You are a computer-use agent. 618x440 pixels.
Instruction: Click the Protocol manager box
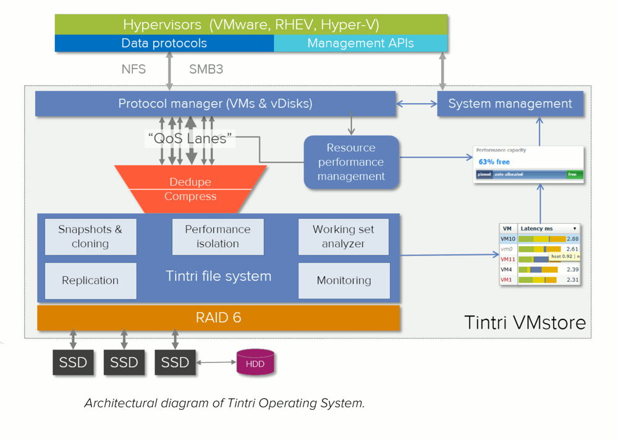coord(215,104)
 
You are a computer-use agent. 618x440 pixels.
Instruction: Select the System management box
coord(510,104)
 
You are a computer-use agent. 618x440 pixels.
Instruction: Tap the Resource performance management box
coord(351,162)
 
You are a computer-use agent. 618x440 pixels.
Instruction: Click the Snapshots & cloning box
coord(90,237)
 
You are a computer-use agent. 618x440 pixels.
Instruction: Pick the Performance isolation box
coord(218,237)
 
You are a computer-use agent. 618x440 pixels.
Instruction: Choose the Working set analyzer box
coord(344,237)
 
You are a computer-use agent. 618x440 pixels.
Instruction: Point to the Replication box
coord(90,281)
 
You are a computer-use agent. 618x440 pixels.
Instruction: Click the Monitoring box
coord(344,281)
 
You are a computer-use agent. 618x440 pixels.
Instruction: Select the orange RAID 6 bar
coord(218,318)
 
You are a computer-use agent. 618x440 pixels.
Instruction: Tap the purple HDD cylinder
coord(255,364)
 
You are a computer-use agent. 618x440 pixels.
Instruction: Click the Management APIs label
coord(360,43)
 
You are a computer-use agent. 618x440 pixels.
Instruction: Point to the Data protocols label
coord(164,43)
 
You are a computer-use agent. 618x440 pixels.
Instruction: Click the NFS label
coord(133,69)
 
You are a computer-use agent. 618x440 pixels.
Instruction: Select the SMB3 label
coord(206,69)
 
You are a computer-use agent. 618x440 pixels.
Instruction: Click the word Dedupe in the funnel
coord(190,182)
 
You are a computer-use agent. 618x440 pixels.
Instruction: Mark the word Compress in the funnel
coord(190,197)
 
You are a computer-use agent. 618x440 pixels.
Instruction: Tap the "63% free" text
coord(494,161)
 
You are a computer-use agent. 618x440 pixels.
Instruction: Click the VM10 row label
coord(508,239)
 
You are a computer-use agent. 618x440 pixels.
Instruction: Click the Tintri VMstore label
coord(524,323)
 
